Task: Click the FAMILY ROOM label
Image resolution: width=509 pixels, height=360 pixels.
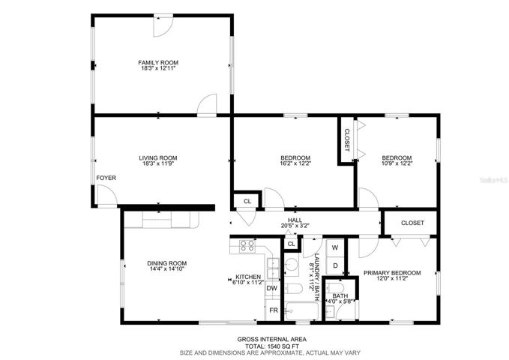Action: point(158,62)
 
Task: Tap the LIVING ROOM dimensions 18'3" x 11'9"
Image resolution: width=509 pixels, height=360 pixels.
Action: point(158,163)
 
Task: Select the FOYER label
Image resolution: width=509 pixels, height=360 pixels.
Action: point(106,178)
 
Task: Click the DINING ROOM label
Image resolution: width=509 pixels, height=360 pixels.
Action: point(167,263)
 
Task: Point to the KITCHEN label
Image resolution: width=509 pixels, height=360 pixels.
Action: point(248,277)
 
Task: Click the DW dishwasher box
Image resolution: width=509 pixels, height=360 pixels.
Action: point(272,288)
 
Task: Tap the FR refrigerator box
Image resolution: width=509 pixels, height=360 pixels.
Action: point(274,310)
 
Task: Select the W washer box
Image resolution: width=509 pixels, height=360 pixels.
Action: point(335,247)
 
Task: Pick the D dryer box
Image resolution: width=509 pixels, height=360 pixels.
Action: point(335,265)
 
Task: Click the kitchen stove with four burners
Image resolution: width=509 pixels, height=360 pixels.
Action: point(247,246)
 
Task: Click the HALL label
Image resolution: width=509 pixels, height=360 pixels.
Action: point(295,220)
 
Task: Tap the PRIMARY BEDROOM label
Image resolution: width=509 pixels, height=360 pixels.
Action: point(392,273)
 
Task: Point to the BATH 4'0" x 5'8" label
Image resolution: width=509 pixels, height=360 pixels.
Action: point(340,298)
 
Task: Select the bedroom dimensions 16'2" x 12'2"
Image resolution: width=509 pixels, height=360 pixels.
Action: point(295,163)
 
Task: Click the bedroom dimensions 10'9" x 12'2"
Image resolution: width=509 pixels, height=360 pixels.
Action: point(397,163)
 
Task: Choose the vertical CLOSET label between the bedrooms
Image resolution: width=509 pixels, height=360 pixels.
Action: point(346,140)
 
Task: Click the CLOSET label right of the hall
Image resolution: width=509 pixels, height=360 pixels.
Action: point(412,223)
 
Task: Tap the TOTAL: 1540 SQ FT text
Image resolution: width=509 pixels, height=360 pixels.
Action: point(271,346)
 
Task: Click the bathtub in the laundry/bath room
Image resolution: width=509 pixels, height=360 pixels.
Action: point(301,311)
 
